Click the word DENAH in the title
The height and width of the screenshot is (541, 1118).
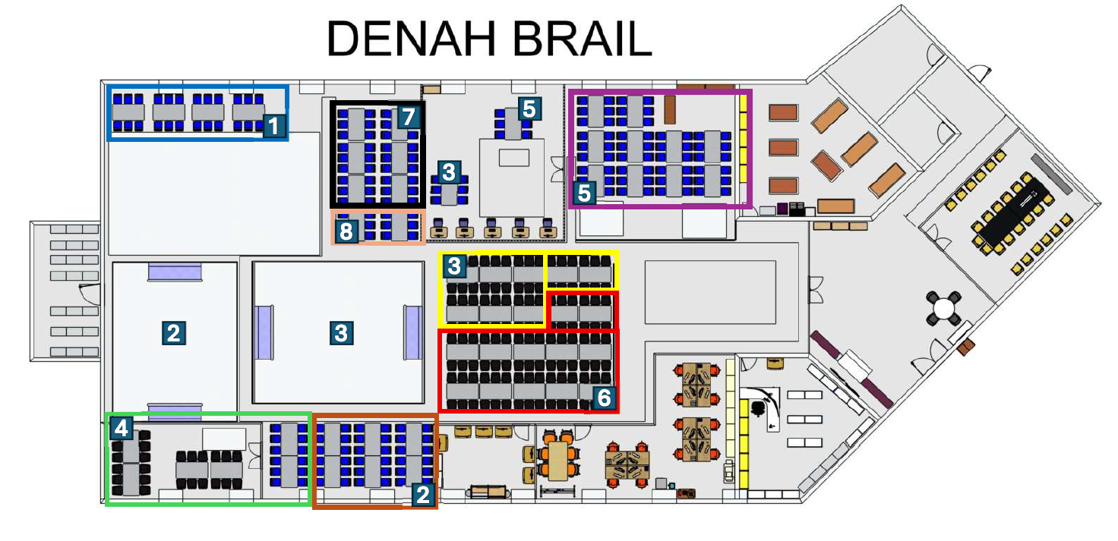(411, 39)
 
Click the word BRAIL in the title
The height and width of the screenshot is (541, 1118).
(583, 39)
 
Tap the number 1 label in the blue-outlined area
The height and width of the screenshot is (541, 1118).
(274, 126)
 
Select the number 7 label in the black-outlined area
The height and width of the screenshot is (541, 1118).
(409, 117)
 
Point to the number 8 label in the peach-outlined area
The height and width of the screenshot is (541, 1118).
(346, 231)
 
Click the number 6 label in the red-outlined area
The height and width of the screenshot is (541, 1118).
(605, 398)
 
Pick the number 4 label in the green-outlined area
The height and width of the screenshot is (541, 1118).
(122, 428)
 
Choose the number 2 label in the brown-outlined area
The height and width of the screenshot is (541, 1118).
(423, 495)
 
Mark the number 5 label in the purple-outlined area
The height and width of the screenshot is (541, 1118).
(585, 193)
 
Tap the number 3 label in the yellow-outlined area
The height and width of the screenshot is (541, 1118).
(454, 266)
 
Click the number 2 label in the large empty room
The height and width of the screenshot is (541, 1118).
(174, 333)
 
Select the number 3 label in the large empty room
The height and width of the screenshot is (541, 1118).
(341, 333)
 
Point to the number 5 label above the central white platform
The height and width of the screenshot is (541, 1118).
(529, 109)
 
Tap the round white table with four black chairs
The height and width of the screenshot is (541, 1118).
(944, 307)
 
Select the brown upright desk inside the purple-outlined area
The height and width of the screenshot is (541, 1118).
(670, 110)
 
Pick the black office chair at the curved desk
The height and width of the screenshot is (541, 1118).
(759, 408)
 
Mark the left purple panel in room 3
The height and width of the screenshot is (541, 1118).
(264, 332)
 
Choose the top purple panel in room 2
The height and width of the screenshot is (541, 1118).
(175, 272)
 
